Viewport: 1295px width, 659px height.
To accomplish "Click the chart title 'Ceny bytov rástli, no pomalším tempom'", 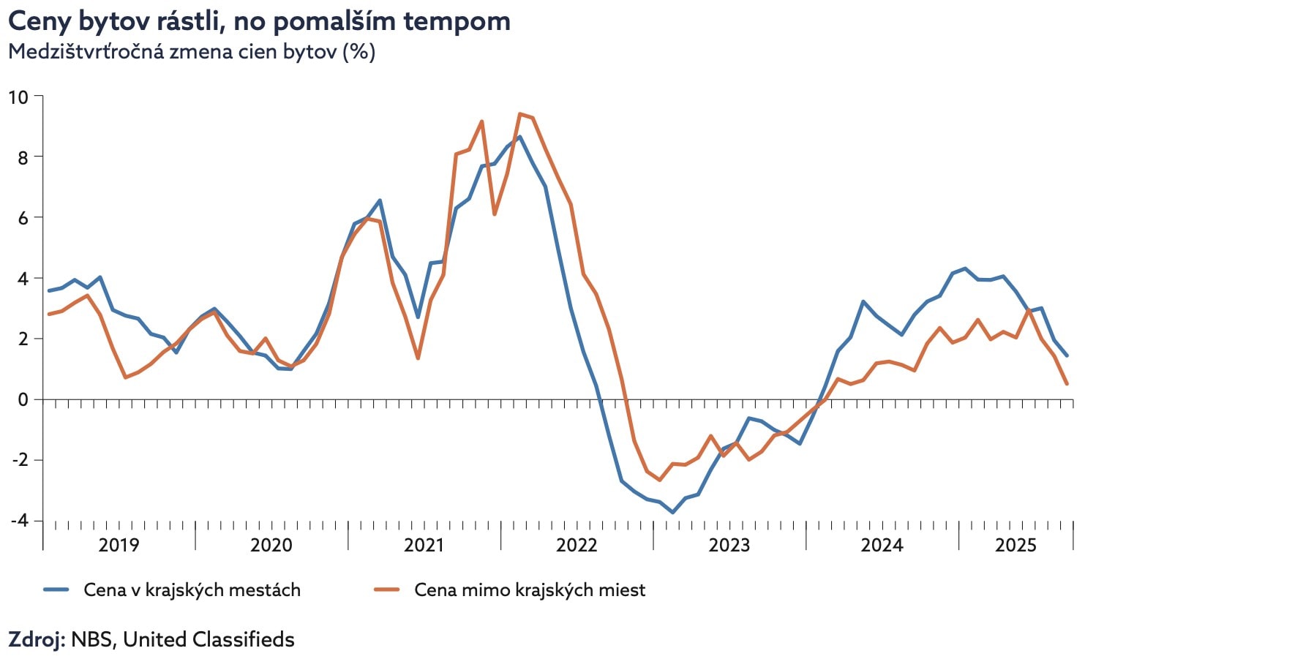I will click(x=259, y=21).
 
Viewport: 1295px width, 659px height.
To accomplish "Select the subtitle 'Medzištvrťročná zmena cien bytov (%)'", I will click(x=192, y=52).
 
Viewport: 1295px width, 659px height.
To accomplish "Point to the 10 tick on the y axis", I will click(x=18, y=97).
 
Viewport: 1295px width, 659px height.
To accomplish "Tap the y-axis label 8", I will click(x=23, y=157).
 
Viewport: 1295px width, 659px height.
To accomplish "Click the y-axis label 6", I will click(x=23, y=218).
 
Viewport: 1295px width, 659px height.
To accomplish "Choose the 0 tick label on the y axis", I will click(x=23, y=400).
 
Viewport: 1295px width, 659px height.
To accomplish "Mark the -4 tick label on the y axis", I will click(x=19, y=521).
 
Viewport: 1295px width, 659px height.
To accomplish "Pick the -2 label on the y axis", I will click(x=19, y=460).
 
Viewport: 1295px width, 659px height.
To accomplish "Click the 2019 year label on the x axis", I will click(x=119, y=545).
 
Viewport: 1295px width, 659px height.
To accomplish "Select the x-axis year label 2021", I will click(x=424, y=545).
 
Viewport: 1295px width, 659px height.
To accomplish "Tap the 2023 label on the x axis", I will click(x=729, y=545).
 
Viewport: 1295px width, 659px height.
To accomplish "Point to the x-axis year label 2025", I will click(x=1016, y=545).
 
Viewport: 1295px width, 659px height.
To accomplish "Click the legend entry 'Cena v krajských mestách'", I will click(x=192, y=590).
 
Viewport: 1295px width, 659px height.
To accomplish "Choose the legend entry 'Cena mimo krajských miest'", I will click(x=530, y=590).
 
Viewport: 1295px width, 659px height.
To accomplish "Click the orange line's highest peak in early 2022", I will click(x=519, y=114).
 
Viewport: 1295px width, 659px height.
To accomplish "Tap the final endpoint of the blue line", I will click(x=1067, y=356).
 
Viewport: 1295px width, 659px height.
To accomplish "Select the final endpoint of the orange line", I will click(x=1067, y=383).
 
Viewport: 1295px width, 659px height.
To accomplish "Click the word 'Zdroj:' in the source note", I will click(x=37, y=639).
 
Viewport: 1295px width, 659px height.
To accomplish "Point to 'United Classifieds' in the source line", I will click(x=209, y=639).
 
